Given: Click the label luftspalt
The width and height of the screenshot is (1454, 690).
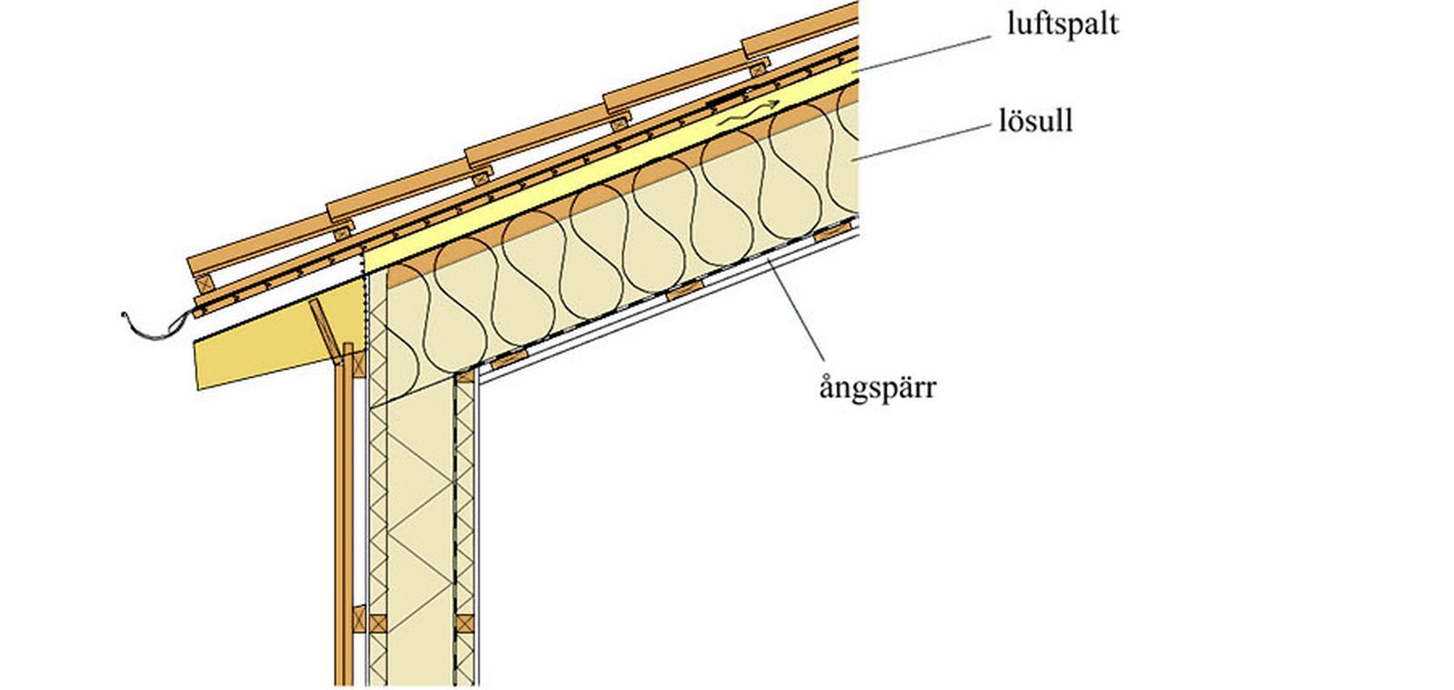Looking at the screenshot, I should click(x=1061, y=23).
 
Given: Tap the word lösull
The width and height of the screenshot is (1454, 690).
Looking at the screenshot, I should click(x=1034, y=120).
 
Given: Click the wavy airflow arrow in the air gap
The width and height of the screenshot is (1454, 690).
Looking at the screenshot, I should click(x=747, y=113).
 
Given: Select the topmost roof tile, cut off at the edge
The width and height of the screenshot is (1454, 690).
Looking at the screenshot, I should click(x=800, y=27).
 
